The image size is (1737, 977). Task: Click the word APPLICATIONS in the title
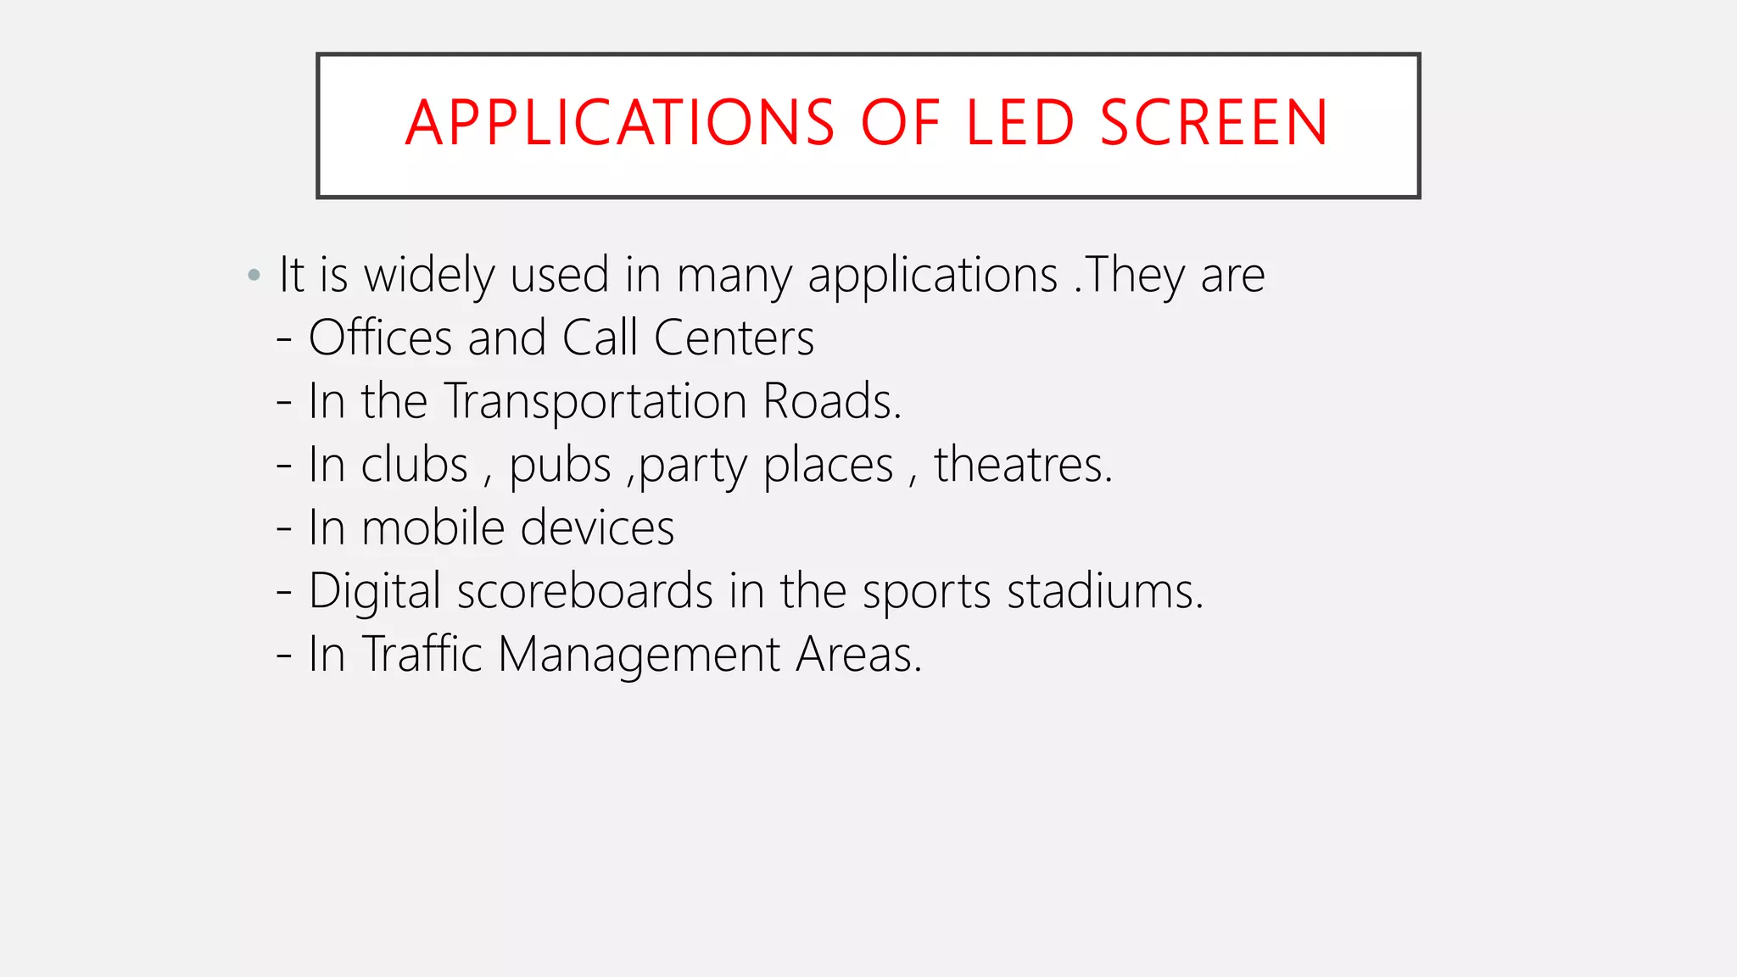(x=620, y=123)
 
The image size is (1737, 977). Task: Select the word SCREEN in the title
(x=1214, y=123)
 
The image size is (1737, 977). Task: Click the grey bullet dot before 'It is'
(x=254, y=275)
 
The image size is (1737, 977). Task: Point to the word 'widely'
(x=428, y=276)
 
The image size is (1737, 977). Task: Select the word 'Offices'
(x=380, y=338)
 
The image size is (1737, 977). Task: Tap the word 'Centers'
(x=734, y=338)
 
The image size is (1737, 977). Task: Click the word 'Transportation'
(x=595, y=401)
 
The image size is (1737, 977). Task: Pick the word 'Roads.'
(x=832, y=401)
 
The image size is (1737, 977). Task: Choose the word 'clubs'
(x=414, y=465)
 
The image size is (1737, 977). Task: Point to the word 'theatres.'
(x=1023, y=465)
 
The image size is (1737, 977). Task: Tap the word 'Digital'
(x=374, y=591)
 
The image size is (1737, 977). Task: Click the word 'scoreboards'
(x=584, y=591)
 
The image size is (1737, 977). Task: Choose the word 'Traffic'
(x=422, y=654)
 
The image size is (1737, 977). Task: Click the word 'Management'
(x=639, y=656)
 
